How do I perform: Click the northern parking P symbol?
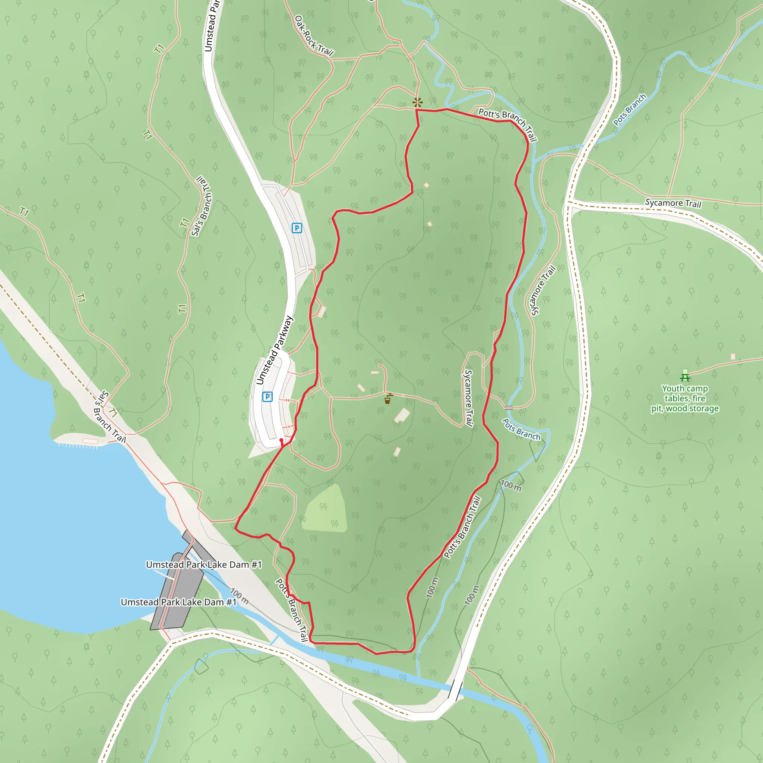point(297,228)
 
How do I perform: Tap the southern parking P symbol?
point(267,396)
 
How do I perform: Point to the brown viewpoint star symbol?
point(417,103)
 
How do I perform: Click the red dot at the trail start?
point(281,440)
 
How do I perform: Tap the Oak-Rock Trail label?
point(314,35)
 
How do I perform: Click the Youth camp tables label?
point(685,399)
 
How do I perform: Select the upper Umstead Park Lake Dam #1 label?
point(204,565)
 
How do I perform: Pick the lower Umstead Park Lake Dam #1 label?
point(178,602)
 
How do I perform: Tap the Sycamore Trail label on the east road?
point(673,203)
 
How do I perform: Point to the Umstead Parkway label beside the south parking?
point(275,350)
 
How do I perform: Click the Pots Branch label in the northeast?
point(630,110)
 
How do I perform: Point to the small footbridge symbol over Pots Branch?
point(509,407)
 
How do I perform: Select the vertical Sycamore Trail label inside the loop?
point(468,398)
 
